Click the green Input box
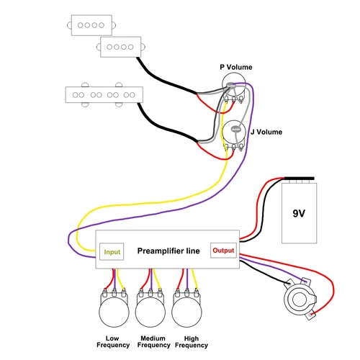pos(112,252)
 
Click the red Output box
pos(223,251)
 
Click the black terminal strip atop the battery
pos(301,180)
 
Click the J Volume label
pos(266,132)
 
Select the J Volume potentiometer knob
pos(234,132)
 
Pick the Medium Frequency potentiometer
pos(150,310)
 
